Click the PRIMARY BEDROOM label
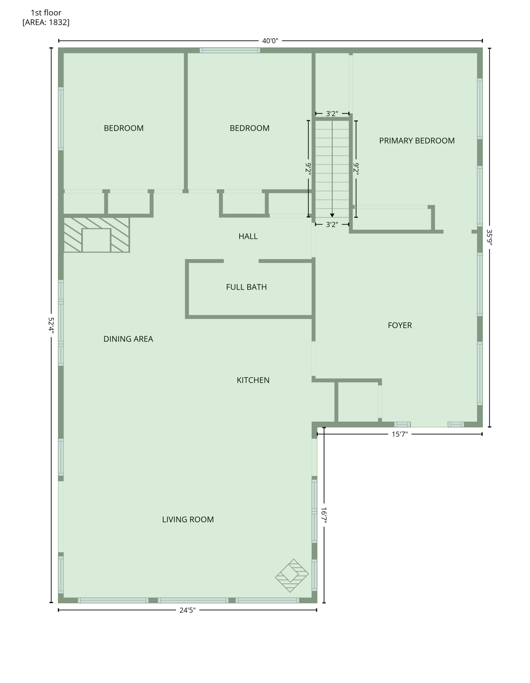pos(417,141)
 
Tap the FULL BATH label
pos(246,287)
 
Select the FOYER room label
pos(400,325)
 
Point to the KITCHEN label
pos(253,380)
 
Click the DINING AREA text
pos(128,339)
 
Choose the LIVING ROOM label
pos(188,519)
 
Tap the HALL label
pos(248,236)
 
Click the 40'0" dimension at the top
pos(270,41)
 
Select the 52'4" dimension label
pos(51,325)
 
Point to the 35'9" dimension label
pos(489,237)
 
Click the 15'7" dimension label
pos(400,434)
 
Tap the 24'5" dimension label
pos(188,610)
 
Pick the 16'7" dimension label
pos(324,515)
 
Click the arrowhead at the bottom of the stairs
pos(332,215)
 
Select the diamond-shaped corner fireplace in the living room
pos(292,576)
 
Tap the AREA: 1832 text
pos(46,22)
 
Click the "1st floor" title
pos(46,12)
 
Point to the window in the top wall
pos(230,50)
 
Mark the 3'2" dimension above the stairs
pos(332,114)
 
